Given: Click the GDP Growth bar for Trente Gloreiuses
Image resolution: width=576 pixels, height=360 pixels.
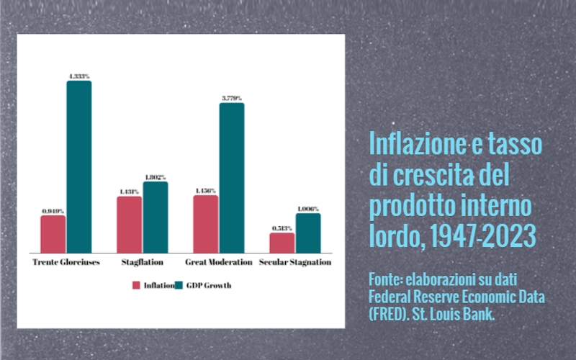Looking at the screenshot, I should coord(79,166).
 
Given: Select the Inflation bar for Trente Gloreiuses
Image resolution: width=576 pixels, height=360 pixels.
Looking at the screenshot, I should coord(53,234).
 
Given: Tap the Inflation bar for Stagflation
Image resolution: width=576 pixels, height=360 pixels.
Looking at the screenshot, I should coord(129,224).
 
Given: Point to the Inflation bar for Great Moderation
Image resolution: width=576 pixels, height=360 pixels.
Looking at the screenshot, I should coord(205,224).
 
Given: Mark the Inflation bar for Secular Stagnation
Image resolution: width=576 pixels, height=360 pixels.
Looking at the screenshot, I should coord(282,243).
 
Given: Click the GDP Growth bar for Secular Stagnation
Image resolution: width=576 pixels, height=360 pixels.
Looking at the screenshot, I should coord(308,233).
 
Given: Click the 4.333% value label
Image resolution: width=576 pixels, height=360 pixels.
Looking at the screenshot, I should coord(79,76).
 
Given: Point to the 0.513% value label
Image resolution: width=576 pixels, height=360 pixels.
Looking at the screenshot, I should coord(282,228).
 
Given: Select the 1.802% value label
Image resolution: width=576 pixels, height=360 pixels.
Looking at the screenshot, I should coord(155,176).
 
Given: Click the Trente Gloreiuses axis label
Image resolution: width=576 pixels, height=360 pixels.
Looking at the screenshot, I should coord(66,262).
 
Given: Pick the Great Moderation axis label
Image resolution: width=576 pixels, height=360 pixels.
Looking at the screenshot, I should coord(219,262).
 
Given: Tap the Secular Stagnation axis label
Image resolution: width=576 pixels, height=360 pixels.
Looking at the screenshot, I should coord(295,262).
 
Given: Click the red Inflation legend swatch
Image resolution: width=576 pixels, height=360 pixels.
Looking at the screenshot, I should coord(135,285).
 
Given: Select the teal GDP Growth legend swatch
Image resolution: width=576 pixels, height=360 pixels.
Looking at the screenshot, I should coord(180,285).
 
